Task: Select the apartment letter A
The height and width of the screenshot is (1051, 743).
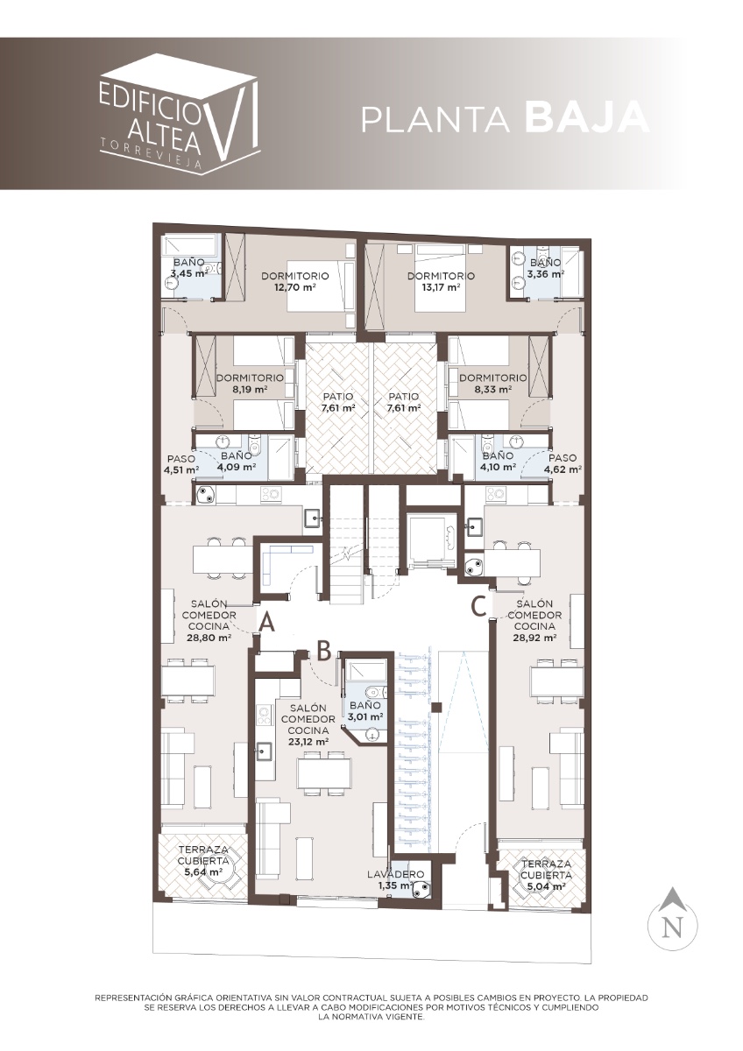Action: click(267, 623)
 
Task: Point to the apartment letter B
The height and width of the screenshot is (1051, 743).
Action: click(325, 650)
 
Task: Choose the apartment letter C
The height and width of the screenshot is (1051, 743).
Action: click(478, 607)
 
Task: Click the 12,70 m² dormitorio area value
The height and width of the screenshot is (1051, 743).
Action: click(294, 287)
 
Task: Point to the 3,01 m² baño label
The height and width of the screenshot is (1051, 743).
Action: click(365, 710)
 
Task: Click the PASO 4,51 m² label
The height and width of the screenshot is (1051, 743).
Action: click(182, 463)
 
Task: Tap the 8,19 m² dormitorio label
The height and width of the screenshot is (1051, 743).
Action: click(249, 384)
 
